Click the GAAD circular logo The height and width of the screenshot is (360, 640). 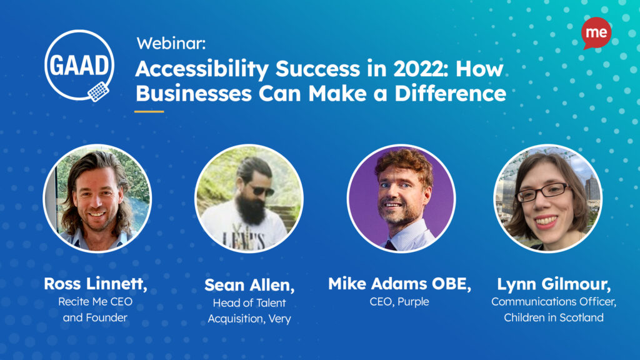(x=79, y=65)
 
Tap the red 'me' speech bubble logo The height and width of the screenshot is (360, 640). (x=596, y=33)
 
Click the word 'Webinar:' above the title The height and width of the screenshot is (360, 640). (x=171, y=43)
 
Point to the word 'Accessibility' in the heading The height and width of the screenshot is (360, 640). (x=202, y=69)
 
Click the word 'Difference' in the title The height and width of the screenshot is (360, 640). (x=450, y=93)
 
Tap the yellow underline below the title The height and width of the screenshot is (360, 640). (x=149, y=111)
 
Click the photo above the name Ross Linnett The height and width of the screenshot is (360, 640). (x=97, y=198)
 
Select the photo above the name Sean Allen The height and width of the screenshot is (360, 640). (x=249, y=198)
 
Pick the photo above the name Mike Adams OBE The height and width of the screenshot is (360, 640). (x=401, y=198)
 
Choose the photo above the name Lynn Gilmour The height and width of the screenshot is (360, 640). (x=547, y=198)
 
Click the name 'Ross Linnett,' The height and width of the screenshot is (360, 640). (x=96, y=284)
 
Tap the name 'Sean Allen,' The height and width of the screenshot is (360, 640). (x=249, y=285)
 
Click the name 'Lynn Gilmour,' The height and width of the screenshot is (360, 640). (x=554, y=284)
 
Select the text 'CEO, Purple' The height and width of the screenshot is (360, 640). (x=399, y=302)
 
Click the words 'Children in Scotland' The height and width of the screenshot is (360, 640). (x=554, y=317)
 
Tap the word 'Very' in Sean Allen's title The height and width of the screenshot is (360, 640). (x=279, y=319)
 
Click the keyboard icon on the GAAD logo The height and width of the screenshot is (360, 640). (x=98, y=91)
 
